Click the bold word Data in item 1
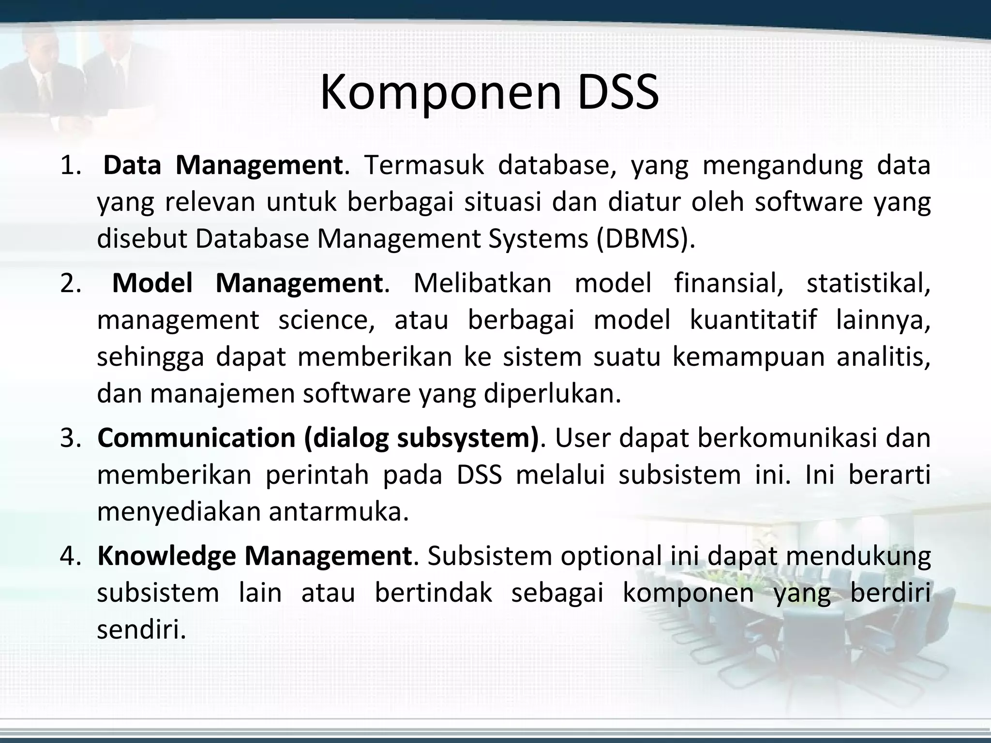[132, 165]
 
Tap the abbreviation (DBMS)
[645, 239]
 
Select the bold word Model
[152, 283]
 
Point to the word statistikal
[868, 283]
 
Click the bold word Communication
[196, 438]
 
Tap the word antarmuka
[339, 512]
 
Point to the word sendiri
[141, 630]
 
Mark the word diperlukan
[552, 394]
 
